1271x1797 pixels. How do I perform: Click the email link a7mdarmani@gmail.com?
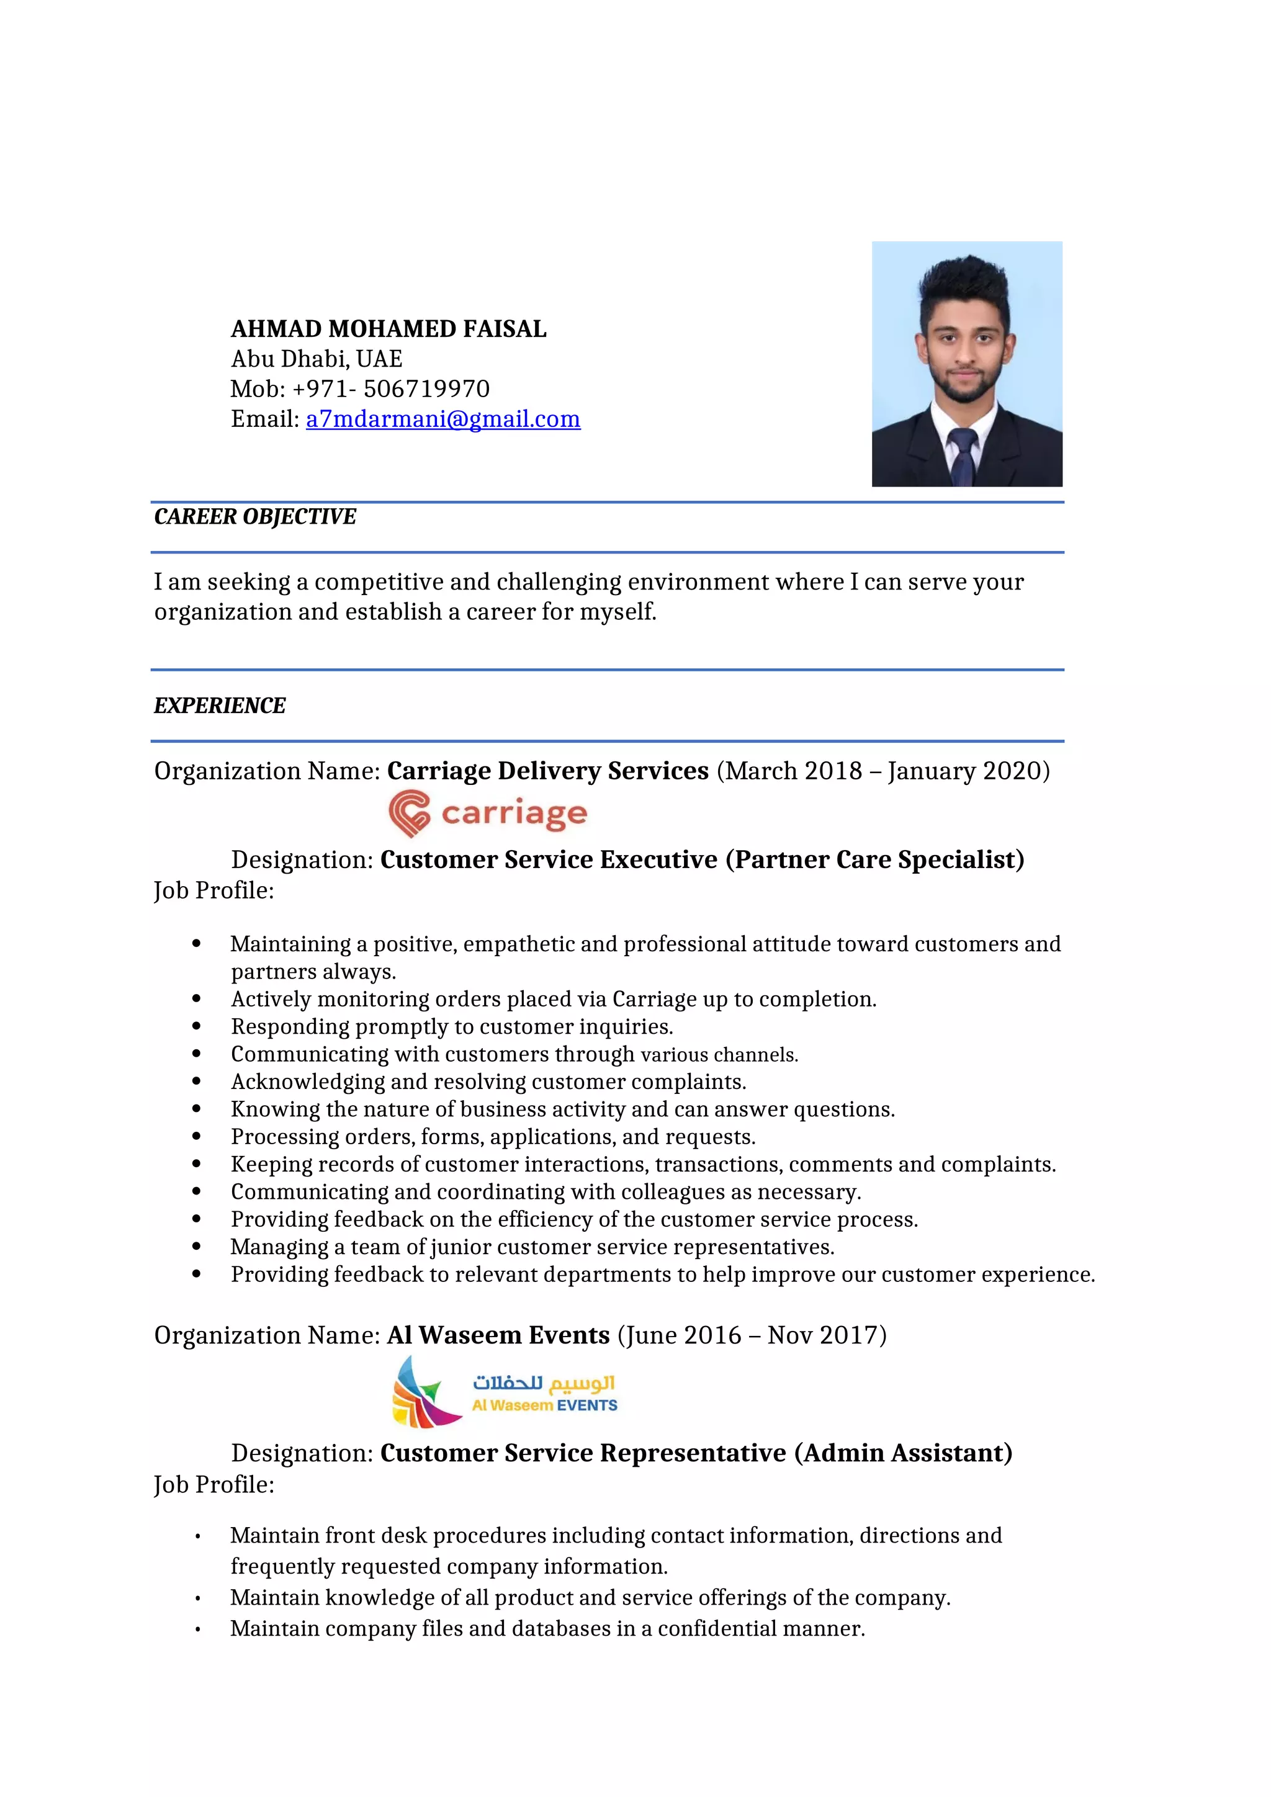tap(443, 419)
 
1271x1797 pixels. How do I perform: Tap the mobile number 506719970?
tap(426, 389)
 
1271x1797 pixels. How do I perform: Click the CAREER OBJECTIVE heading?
tap(254, 516)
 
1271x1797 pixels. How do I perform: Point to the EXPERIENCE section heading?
tap(219, 705)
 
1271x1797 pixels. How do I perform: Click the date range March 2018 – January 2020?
tap(883, 771)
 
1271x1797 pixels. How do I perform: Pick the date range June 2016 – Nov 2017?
tap(752, 1335)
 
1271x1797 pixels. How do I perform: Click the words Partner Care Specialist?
tap(875, 859)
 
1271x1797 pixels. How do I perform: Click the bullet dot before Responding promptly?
tap(197, 1027)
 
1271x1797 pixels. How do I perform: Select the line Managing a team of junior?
tap(532, 1247)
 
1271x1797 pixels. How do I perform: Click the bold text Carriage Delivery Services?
tap(548, 771)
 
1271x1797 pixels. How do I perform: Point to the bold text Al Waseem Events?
tap(498, 1335)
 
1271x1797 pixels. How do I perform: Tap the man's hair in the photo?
tap(965, 282)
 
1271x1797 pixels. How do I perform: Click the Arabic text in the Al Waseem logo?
tap(543, 1383)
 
